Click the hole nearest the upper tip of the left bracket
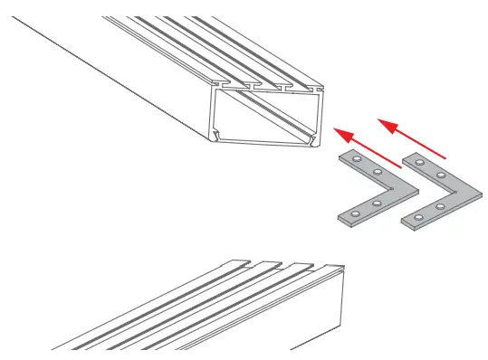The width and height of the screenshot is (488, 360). (x=357, y=160)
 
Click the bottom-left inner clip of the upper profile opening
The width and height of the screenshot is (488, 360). (x=217, y=137)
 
